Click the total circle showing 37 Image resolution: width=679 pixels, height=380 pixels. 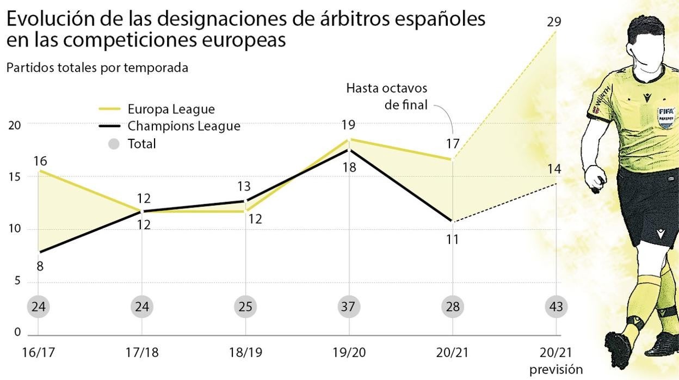click(349, 307)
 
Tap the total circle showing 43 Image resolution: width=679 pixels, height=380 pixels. click(556, 307)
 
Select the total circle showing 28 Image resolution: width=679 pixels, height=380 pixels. click(452, 307)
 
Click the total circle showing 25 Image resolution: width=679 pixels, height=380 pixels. click(245, 307)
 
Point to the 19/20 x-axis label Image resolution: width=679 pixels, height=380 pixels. click(349, 352)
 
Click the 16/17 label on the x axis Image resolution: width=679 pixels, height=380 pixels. click(38, 352)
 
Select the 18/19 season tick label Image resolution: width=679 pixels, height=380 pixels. click(245, 352)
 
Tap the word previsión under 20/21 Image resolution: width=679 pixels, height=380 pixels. click(555, 370)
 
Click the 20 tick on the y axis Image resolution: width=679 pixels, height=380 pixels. click(14, 125)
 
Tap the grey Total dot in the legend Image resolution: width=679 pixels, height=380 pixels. click(114, 144)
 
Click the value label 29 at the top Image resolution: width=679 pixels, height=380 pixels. click(554, 22)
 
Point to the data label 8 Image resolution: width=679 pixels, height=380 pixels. click(40, 267)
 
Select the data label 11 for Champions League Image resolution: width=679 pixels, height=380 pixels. click(452, 239)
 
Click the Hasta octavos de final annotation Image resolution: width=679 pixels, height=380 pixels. click(386, 96)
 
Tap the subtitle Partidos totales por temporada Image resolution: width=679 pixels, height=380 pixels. click(97, 68)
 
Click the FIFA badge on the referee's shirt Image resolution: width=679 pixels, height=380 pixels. click(666, 117)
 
